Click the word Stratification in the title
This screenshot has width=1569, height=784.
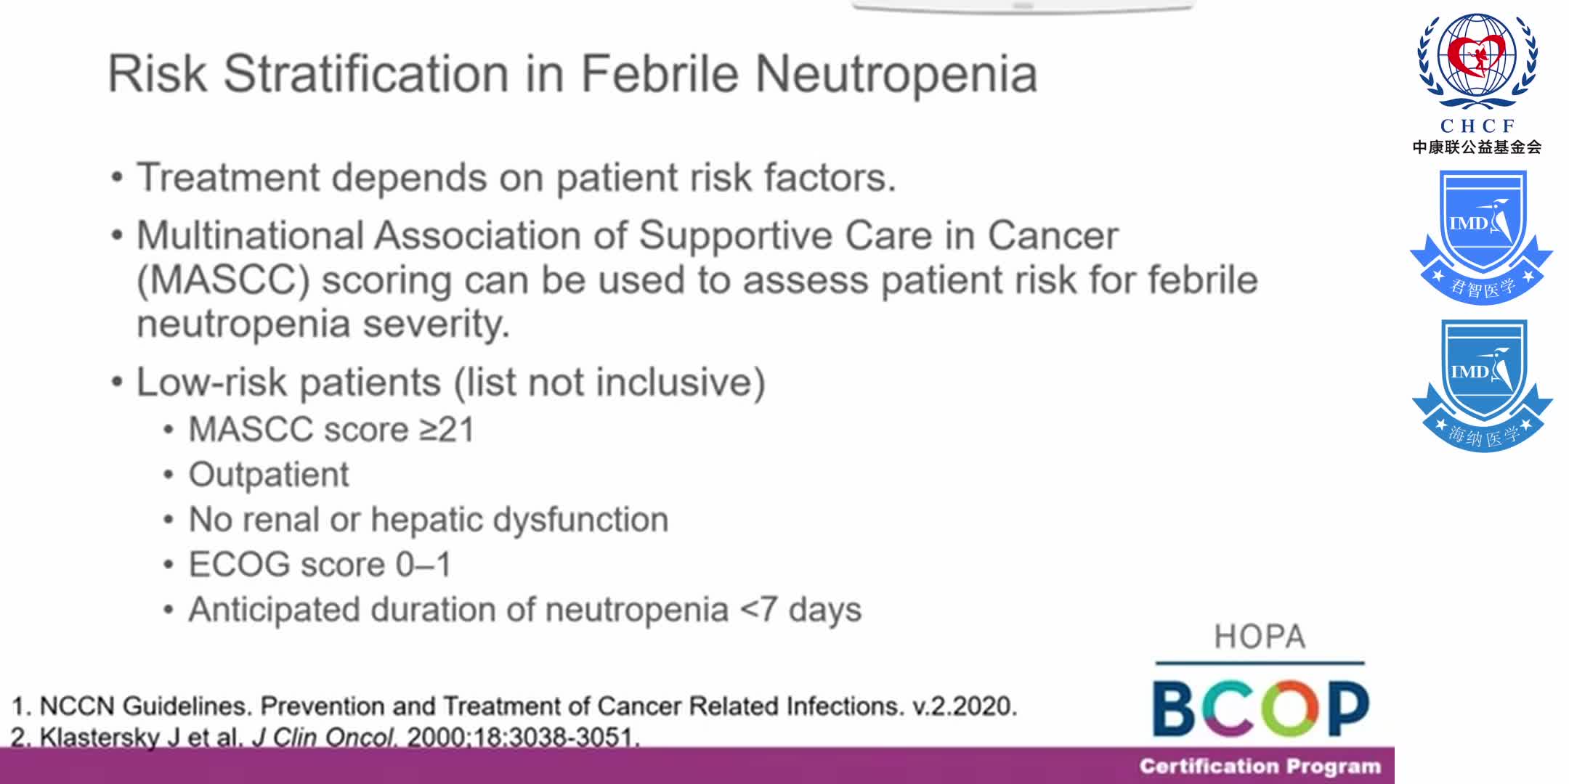(x=366, y=74)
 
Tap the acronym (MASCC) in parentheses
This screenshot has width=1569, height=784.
(x=223, y=280)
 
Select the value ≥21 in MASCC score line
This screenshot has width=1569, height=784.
(x=447, y=430)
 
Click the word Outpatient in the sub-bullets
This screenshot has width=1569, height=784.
(x=269, y=475)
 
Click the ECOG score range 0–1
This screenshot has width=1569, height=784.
(x=423, y=565)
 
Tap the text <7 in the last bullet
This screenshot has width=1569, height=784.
(x=758, y=610)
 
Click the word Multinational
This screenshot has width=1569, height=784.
(x=250, y=236)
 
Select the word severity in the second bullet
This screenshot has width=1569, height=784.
(x=436, y=324)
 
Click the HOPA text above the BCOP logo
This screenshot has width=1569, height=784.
(x=1260, y=637)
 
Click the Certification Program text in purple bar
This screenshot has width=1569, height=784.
(x=1260, y=767)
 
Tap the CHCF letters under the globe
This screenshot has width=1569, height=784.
(x=1477, y=126)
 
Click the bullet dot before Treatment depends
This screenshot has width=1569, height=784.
(x=117, y=179)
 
